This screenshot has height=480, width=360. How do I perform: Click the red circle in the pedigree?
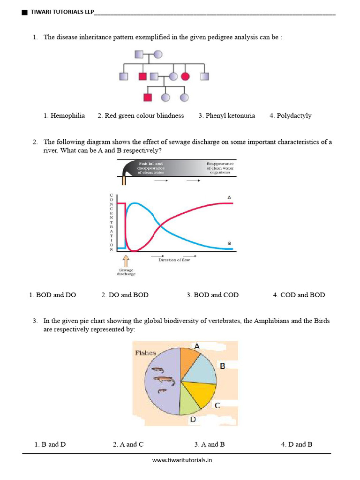coord(185,76)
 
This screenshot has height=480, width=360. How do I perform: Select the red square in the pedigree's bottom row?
coord(148,97)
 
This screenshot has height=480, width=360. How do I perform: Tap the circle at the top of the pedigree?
coord(158,54)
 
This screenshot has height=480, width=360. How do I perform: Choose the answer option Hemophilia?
coord(64,116)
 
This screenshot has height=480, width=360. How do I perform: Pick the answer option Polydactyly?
coord(290,116)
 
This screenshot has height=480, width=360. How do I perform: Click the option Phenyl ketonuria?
coord(226,116)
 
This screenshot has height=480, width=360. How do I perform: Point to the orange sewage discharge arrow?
coord(125,261)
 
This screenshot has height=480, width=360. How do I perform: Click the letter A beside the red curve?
coord(229,198)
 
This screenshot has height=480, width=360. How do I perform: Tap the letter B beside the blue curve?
coord(229,243)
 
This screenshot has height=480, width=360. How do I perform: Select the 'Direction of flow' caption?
coord(174,260)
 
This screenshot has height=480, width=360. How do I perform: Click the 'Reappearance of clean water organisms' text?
coord(220,168)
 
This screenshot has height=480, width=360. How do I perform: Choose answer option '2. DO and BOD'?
coord(125,295)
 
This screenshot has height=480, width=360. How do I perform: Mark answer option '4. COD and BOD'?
coord(299,295)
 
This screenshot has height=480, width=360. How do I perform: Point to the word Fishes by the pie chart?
coord(145,352)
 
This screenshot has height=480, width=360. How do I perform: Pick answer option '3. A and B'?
coord(209,444)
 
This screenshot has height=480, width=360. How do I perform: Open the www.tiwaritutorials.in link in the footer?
coord(182,460)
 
